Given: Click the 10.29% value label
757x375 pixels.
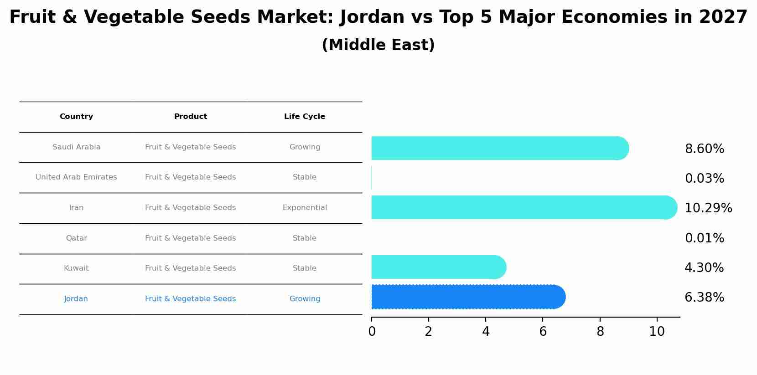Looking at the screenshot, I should [708, 208].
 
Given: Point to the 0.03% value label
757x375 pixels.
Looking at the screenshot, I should [705, 179].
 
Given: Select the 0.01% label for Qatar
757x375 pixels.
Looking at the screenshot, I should [705, 238].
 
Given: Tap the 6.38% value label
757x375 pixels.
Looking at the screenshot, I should [705, 298].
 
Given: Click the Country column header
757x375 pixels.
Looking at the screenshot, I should [76, 117].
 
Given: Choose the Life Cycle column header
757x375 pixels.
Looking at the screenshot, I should [305, 117].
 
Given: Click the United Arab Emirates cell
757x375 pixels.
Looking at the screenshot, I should [76, 177].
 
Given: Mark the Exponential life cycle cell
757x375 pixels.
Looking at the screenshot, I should [305, 208].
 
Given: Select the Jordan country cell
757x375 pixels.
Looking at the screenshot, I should [76, 299].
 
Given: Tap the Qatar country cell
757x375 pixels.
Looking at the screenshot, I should [76, 238].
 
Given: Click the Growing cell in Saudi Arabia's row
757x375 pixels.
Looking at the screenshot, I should [305, 147].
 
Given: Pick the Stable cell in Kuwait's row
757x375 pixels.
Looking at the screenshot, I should [305, 268].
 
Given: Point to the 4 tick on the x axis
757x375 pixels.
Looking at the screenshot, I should [486, 332].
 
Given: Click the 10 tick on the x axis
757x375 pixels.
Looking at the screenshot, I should [657, 332].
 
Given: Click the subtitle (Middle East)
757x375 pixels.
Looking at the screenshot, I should [378, 45].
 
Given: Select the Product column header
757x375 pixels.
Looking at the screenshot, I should [191, 117].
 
